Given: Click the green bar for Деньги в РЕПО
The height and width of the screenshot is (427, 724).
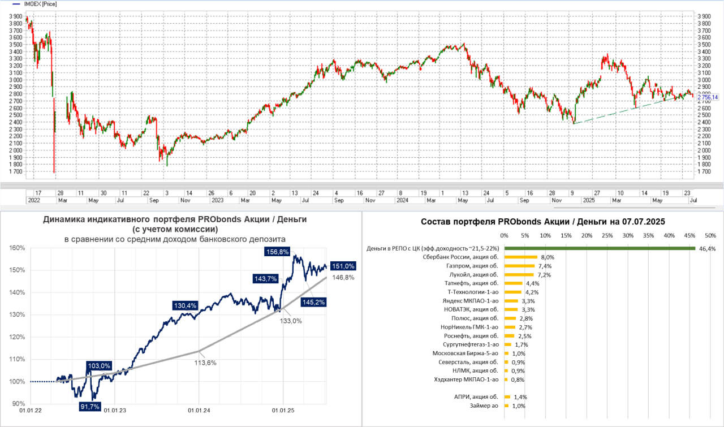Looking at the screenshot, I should click(600, 248).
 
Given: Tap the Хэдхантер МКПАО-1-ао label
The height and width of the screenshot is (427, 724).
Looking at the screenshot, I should click(466, 379).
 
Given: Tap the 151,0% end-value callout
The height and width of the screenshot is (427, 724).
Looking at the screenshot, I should click(343, 266).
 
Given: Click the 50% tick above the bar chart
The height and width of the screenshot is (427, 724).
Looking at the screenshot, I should click(710, 235).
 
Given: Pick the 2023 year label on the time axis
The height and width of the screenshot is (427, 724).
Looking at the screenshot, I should click(217, 200).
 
